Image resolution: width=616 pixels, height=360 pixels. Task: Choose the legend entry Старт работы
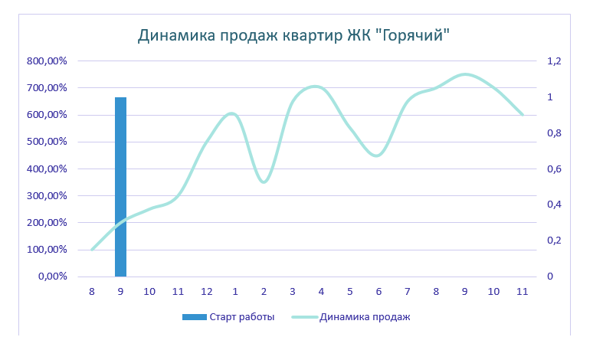241,317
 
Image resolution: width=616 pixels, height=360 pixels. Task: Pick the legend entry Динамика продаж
365,317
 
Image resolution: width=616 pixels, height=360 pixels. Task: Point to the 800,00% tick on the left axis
48,61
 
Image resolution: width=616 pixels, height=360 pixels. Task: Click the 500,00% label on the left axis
48,142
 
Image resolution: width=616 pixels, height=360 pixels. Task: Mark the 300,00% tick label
48,196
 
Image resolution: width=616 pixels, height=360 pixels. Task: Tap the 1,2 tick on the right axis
553,61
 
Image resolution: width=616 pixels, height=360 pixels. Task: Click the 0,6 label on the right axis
553,169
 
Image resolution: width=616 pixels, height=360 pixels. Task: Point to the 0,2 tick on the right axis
553,241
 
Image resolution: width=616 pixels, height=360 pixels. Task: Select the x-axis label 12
206,292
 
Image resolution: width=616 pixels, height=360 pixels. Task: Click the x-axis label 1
235,292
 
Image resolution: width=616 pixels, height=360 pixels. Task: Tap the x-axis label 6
378,292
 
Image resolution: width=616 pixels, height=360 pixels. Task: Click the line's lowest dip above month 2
264,182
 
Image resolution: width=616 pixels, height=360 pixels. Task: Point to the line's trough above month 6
377,155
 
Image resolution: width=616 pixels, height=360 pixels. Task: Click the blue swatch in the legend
192,317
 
